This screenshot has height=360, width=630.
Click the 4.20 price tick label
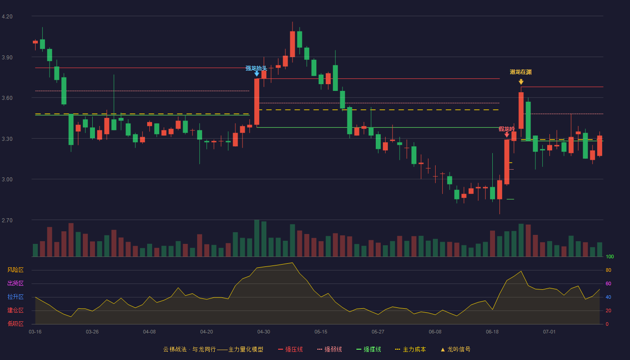[7, 17]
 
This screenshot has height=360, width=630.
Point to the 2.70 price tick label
[7, 220]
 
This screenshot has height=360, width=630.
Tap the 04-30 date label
[264, 332]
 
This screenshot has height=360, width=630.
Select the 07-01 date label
[549, 332]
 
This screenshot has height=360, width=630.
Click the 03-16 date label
[35, 332]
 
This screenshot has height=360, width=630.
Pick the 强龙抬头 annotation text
[256, 68]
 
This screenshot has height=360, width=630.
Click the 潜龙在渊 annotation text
[521, 72]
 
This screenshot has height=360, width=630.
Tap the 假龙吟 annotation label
[507, 129]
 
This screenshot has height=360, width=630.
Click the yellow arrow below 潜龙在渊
[521, 82]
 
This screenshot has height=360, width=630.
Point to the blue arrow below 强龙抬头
[256, 74]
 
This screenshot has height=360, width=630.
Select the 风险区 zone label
[15, 270]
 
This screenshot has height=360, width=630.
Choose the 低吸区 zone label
[15, 324]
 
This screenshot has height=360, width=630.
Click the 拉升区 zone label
[15, 297]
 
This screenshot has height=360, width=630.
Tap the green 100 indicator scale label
[610, 256]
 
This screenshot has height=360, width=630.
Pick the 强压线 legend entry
[290, 349]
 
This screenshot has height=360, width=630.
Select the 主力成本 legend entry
[410, 349]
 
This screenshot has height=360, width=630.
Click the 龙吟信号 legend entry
[455, 349]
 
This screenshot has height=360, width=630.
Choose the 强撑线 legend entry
[369, 349]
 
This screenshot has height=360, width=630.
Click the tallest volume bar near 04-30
[256, 238]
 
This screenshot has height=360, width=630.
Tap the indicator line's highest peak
[292, 263]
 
